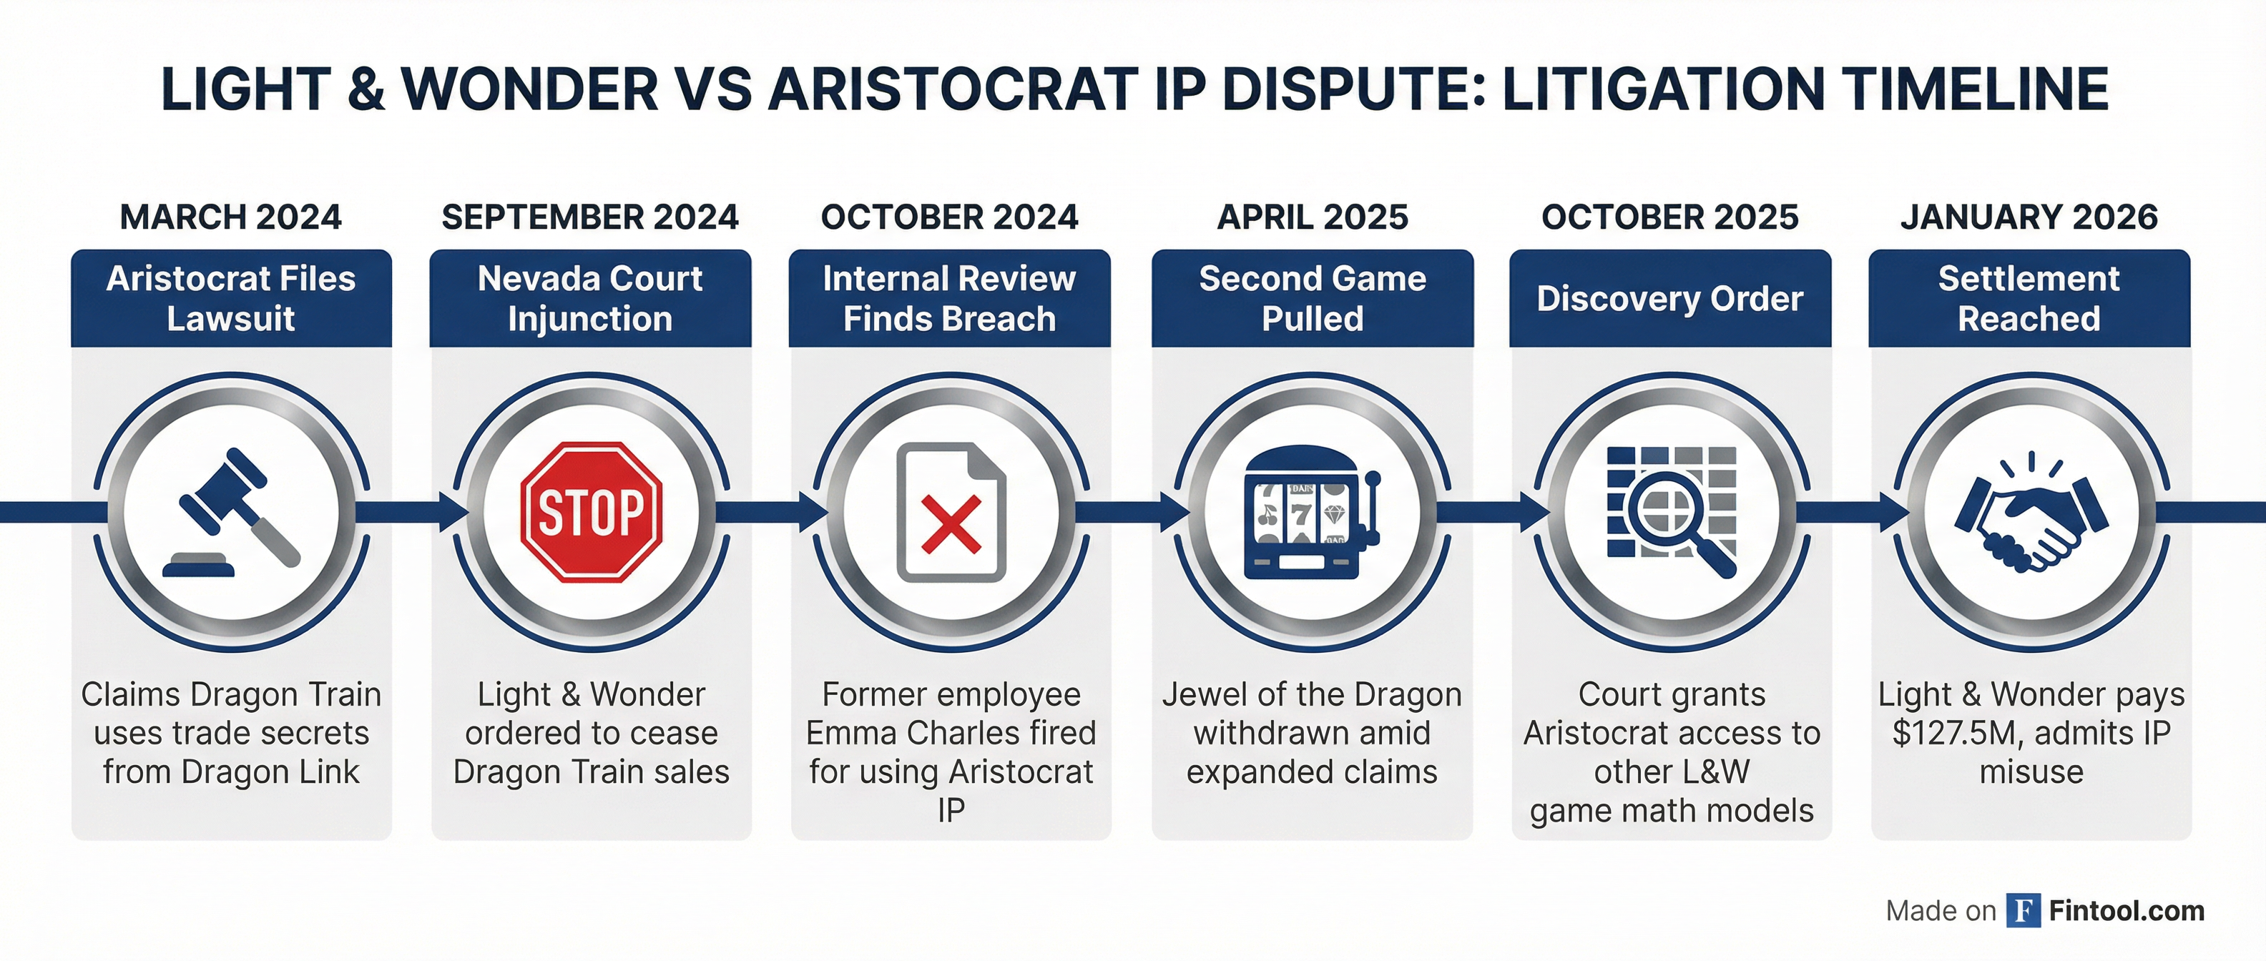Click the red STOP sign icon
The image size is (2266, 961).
tap(591, 512)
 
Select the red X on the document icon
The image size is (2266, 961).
tap(951, 525)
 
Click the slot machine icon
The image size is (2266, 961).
tap(1312, 513)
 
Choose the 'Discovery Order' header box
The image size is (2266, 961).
tap(1670, 298)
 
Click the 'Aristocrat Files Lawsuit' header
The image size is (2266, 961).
tap(231, 298)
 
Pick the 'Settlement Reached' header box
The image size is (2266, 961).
tap(2029, 298)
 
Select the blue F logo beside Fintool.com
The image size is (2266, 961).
tap(2024, 911)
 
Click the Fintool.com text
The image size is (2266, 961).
tap(2126, 911)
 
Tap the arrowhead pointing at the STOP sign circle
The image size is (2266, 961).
tap(454, 512)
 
